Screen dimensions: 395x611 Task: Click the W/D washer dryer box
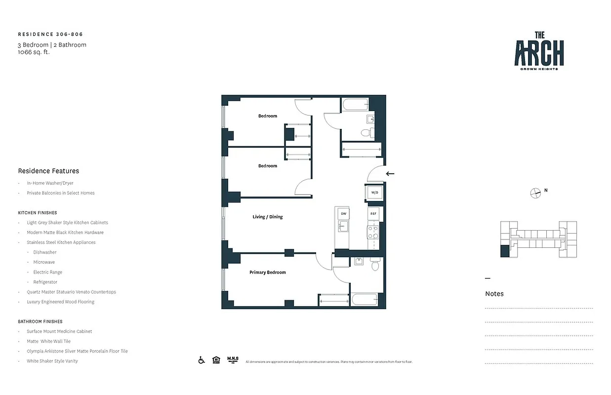tap(374, 192)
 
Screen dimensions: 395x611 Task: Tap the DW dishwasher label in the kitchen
tap(343, 213)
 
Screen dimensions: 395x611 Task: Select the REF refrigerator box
tap(374, 213)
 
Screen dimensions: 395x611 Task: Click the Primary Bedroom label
tap(267, 273)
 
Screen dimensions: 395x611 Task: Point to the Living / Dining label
tap(267, 217)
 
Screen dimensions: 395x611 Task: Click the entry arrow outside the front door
tap(390, 173)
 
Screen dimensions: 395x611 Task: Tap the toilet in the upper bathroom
tap(366, 132)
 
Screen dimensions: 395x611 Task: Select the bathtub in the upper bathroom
tap(355, 105)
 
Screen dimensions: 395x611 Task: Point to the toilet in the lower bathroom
tap(374, 266)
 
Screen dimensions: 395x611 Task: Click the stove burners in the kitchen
tap(372, 232)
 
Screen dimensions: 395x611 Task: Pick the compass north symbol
tap(535, 193)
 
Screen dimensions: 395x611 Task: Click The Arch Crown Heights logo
tap(539, 51)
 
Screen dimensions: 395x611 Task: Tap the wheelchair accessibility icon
tap(202, 360)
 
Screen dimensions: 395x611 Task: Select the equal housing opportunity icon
tap(216, 360)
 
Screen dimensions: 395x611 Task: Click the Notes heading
tap(494, 294)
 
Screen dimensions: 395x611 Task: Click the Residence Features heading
tap(48, 171)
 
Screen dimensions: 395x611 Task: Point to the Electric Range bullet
tap(47, 272)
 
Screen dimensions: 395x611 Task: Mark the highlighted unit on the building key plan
tap(504, 251)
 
